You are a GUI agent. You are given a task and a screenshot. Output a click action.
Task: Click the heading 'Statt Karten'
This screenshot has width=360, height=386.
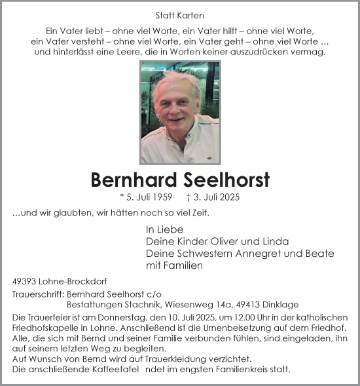click(179, 15)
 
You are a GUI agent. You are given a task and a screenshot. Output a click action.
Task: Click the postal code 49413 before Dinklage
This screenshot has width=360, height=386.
click(244, 305)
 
